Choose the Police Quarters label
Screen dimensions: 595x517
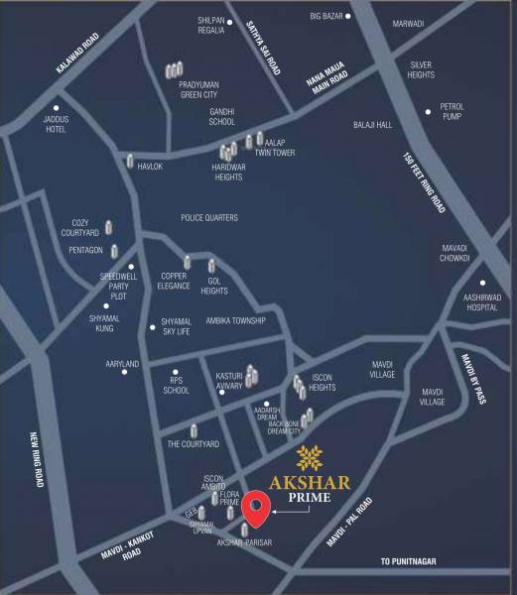click(x=209, y=217)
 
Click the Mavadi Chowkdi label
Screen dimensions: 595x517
click(x=461, y=253)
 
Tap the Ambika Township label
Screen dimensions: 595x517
click(x=235, y=320)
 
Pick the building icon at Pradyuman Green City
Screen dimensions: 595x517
click(x=174, y=70)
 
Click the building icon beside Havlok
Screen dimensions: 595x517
click(x=130, y=161)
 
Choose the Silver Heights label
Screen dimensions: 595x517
click(x=422, y=69)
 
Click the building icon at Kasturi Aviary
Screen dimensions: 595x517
click(x=251, y=373)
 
